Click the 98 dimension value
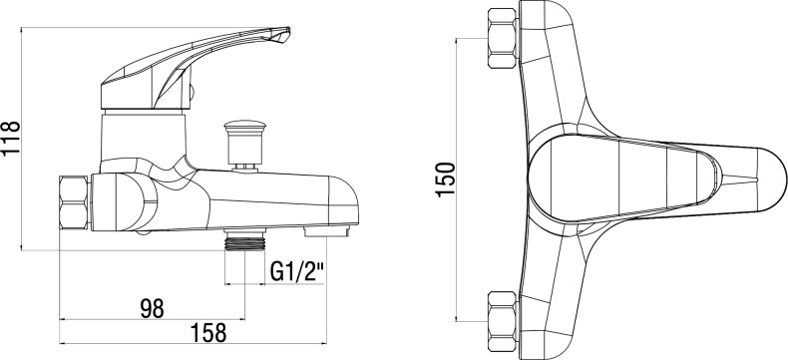point(152,308)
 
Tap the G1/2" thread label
point(295,269)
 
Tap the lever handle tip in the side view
point(282,39)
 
